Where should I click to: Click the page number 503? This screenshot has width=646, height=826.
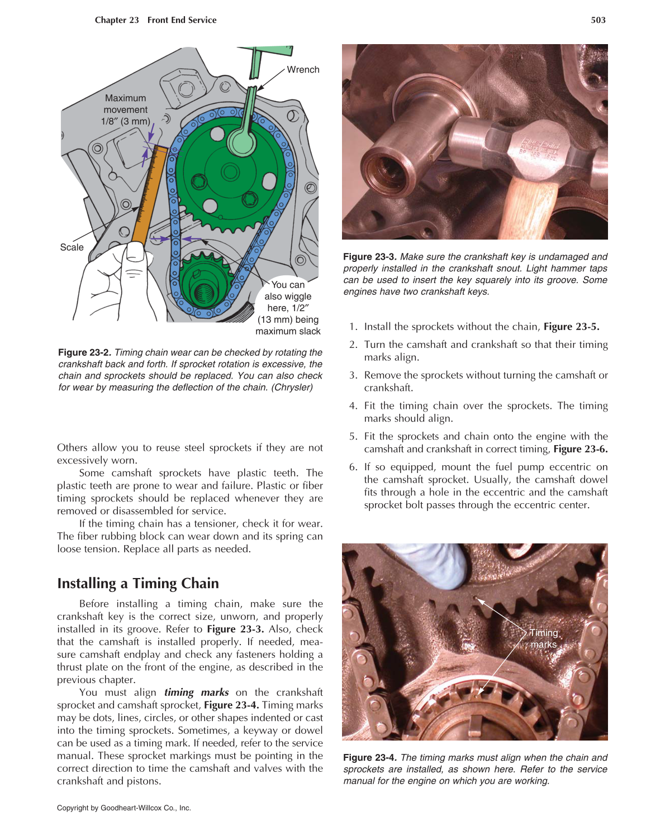(x=598, y=20)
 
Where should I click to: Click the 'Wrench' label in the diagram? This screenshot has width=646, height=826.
(x=303, y=70)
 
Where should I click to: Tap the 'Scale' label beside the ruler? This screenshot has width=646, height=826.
(x=72, y=247)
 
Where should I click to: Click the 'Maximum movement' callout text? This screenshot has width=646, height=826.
(x=126, y=109)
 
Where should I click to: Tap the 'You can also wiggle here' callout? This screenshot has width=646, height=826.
(x=288, y=308)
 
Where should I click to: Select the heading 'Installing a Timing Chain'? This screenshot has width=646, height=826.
(x=138, y=584)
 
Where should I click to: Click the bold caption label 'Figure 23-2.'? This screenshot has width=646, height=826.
(x=84, y=353)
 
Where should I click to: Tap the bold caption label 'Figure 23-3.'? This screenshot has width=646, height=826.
(x=369, y=257)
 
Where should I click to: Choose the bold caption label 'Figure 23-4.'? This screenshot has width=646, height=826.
(x=369, y=758)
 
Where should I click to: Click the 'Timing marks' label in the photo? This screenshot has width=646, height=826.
(x=543, y=638)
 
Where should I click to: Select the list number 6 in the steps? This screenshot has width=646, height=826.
(x=353, y=467)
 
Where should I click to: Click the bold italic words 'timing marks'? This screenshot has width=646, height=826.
(x=196, y=693)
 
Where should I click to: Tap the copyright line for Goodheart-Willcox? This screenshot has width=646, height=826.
(x=124, y=808)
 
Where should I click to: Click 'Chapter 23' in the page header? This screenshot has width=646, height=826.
(x=117, y=20)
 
